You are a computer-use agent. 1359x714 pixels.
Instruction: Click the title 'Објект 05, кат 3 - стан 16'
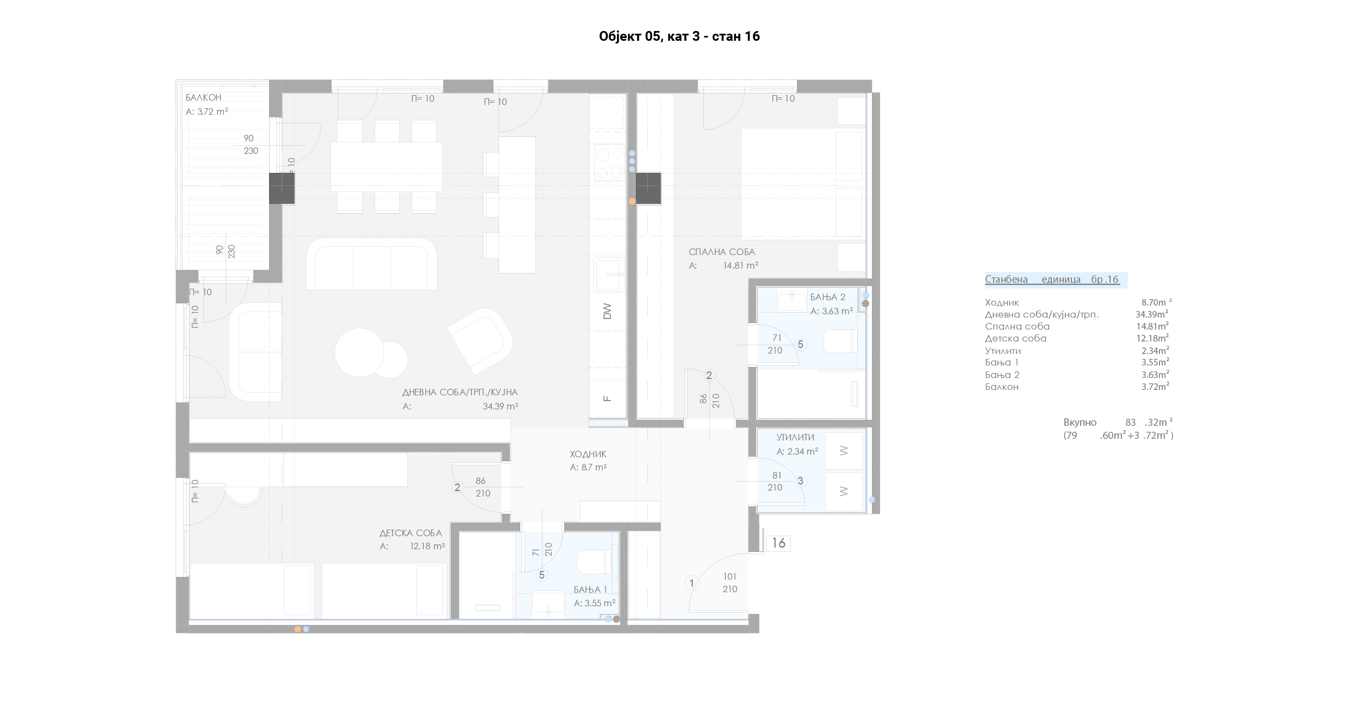679,36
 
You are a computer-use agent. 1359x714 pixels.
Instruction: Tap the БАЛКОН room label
203,98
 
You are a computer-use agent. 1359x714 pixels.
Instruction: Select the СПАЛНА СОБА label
722,252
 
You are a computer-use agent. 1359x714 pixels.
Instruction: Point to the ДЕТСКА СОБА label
410,533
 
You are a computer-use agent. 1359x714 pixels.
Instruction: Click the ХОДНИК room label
588,454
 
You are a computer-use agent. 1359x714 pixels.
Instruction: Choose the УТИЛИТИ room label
795,437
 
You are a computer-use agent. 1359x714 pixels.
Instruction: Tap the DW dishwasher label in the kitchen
607,312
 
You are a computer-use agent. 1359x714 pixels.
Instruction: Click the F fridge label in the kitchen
607,399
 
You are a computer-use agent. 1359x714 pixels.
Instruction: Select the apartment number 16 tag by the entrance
778,543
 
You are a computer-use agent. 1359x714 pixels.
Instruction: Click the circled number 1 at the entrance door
691,583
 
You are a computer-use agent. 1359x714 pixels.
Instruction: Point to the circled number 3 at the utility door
800,481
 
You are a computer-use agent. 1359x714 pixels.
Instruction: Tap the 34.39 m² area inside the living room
500,406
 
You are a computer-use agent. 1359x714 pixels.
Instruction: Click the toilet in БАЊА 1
594,562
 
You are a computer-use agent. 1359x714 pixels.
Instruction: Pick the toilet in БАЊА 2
840,342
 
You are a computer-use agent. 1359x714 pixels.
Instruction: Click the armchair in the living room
480,341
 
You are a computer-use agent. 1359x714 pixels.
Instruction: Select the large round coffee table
359,352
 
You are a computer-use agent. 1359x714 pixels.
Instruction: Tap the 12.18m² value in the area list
1152,338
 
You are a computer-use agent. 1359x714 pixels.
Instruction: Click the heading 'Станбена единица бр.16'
1052,280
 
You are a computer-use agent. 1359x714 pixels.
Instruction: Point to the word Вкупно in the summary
1080,423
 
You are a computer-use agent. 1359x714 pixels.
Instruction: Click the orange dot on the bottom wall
297,629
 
